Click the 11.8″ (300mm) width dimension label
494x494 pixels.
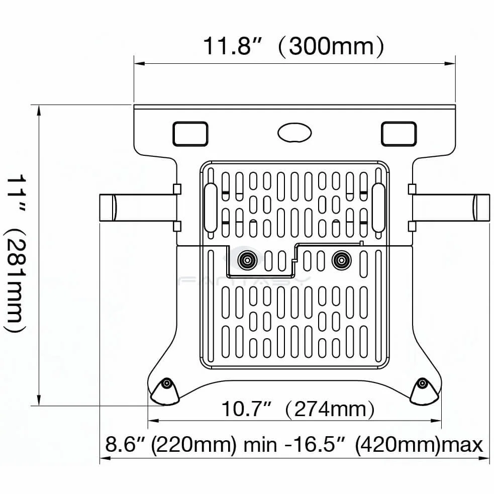pos(293,46)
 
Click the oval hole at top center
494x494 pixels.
pos(294,133)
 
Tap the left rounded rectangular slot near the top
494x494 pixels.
pos(190,134)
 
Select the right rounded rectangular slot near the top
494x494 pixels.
pos(399,134)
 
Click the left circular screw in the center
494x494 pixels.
pos(247,260)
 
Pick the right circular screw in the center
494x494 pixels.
pos(342,260)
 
